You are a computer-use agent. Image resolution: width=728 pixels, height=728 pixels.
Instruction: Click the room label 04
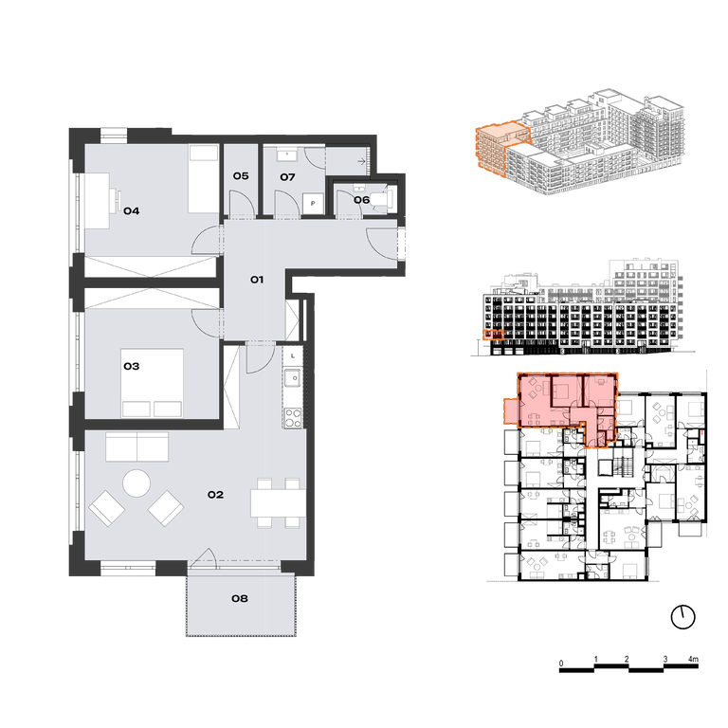click(132, 211)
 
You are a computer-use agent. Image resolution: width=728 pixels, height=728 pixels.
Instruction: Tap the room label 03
click(132, 367)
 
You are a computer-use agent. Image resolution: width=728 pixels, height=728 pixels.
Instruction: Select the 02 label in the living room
click(215, 495)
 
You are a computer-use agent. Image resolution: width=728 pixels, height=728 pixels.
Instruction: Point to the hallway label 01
click(257, 280)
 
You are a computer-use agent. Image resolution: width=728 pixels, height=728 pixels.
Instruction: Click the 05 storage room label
click(241, 176)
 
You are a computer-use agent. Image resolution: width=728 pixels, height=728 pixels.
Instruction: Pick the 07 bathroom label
click(287, 177)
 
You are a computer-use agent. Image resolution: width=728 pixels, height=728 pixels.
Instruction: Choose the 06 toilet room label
click(362, 200)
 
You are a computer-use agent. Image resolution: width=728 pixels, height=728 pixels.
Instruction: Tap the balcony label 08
click(240, 599)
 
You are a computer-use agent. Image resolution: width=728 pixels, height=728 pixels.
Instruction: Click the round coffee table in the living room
click(136, 483)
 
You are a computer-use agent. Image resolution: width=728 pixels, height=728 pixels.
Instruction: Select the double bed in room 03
click(152, 383)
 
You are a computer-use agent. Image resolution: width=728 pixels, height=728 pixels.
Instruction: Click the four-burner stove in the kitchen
click(293, 417)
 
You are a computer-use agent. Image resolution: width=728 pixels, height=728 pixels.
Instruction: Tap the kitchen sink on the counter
click(293, 378)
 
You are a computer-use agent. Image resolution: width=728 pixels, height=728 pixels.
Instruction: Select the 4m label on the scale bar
click(693, 660)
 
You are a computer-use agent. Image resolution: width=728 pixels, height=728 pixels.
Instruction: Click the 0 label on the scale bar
click(561, 664)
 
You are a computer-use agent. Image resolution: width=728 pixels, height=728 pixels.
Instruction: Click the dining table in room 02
click(278, 502)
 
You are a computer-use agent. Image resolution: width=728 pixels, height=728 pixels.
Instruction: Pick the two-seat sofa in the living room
click(136, 447)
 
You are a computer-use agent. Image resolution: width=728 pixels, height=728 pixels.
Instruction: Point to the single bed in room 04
click(203, 179)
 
